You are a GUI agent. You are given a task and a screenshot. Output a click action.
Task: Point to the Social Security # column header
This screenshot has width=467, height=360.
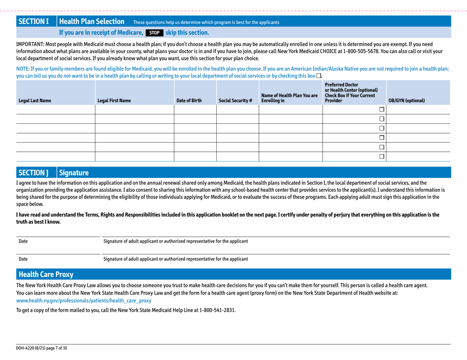pyautogui.click(x=237, y=101)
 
